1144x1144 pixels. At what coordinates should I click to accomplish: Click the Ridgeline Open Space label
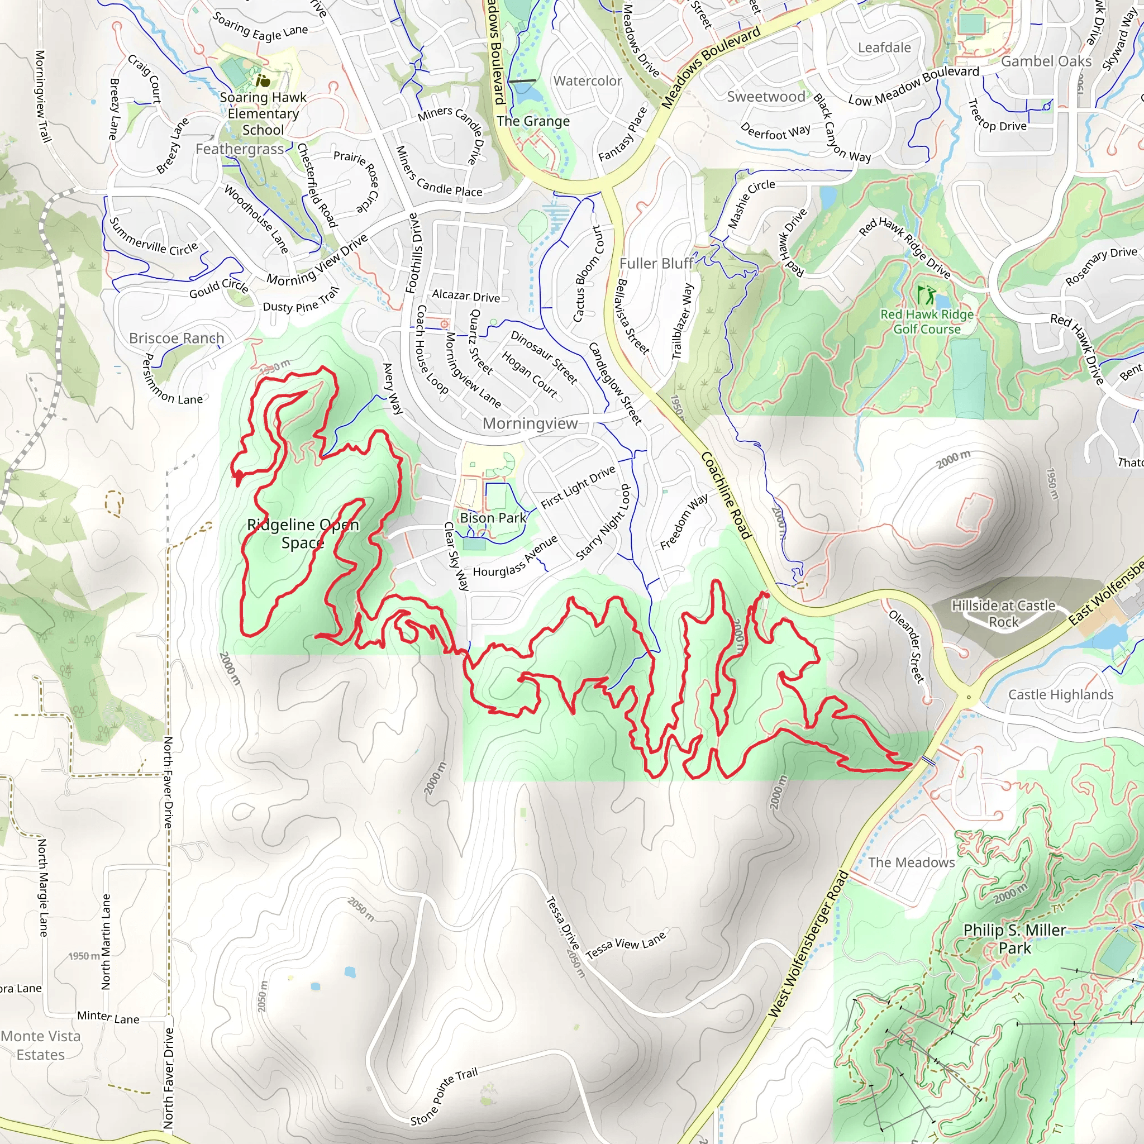[x=303, y=533]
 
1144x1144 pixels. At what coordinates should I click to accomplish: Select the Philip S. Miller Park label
[x=1014, y=939]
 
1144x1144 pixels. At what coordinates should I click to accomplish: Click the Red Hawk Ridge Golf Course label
[x=927, y=322]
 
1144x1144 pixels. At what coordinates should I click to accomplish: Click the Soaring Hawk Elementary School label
[x=263, y=113]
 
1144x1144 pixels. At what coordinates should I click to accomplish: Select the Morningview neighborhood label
[x=530, y=423]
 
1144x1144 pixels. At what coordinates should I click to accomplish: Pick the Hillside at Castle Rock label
[x=1003, y=613]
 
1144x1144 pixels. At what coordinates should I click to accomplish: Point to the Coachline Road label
[x=726, y=495]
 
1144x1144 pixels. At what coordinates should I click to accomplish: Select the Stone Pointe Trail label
[x=444, y=1097]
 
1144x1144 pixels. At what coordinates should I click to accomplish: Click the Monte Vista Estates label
[x=40, y=1045]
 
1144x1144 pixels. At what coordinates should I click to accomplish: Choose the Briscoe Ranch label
[x=177, y=338]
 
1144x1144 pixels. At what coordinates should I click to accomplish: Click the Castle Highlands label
[x=1061, y=694]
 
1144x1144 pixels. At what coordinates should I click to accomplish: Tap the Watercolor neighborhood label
[x=588, y=81]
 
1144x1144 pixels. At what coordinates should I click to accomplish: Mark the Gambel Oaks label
[x=1046, y=61]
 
